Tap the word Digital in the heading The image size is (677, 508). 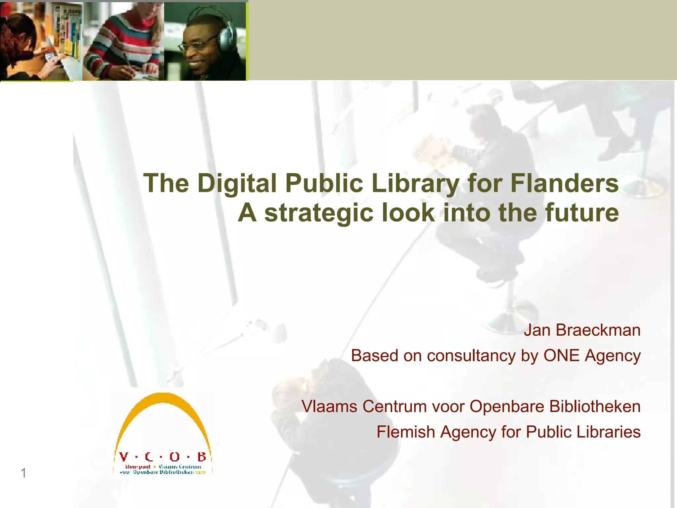click(x=237, y=184)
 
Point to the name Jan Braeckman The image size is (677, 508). click(x=582, y=330)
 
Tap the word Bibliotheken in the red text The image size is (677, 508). click(x=595, y=406)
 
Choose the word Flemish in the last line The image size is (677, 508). click(x=406, y=432)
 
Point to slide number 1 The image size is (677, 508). click(x=23, y=473)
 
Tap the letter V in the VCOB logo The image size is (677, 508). click(x=124, y=457)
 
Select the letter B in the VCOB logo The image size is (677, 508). click(x=201, y=457)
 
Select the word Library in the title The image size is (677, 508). click(x=415, y=184)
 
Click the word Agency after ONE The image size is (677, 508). click(x=613, y=356)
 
